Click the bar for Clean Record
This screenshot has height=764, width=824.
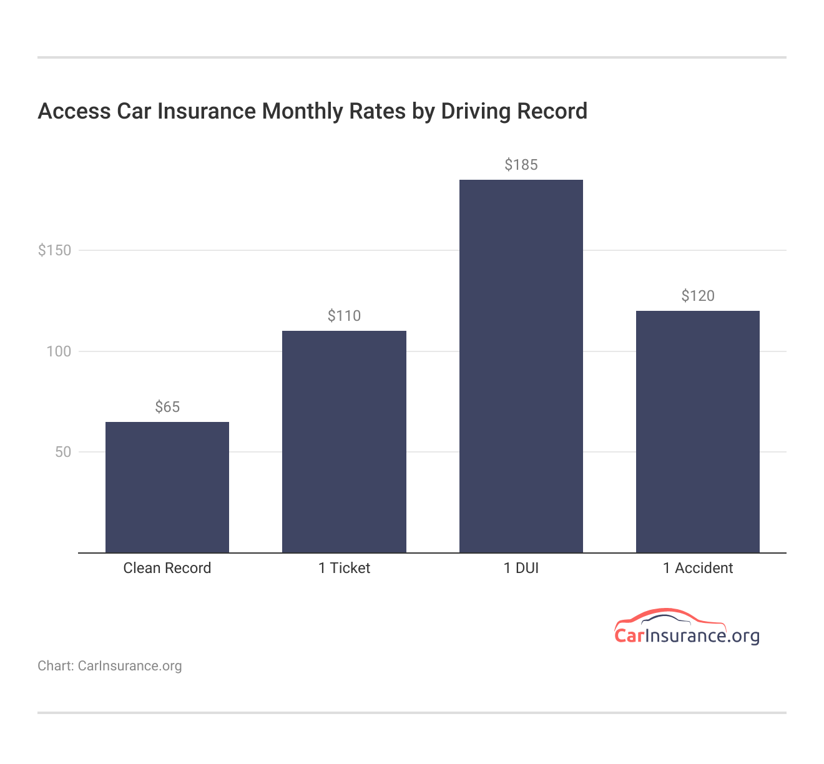[167, 487]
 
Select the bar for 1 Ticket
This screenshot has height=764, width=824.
[344, 441]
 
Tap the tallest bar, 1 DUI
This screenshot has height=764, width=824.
[521, 366]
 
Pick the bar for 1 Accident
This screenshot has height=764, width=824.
[697, 431]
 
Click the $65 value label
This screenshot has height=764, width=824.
[167, 407]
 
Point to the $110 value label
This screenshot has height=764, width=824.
[344, 316]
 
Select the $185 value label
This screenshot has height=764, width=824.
[521, 165]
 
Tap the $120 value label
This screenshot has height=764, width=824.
[697, 296]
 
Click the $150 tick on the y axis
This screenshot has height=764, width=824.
[55, 250]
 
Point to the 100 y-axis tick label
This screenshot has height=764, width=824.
[59, 351]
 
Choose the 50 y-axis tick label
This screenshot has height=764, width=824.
[63, 452]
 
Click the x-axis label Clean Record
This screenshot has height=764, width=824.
[167, 568]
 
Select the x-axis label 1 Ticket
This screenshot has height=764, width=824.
[344, 568]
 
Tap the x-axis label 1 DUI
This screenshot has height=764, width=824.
[521, 568]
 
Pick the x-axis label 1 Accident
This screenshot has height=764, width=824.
[697, 568]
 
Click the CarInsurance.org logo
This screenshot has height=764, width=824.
[687, 627]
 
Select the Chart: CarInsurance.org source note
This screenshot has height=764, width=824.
[110, 666]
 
